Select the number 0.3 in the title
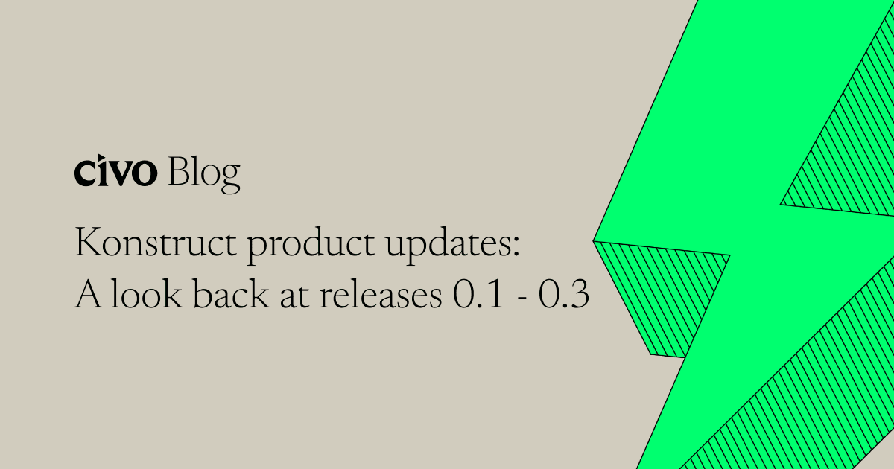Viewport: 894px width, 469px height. pos(565,296)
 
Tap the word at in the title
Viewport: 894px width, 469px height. pos(291,297)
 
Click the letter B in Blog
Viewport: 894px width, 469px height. pos(179,172)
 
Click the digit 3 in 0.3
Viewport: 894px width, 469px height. pos(580,296)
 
